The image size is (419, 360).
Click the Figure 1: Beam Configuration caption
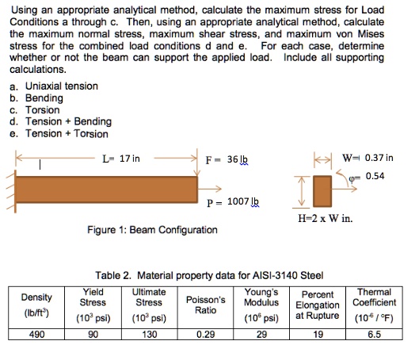[152, 230]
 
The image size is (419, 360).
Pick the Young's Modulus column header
[261, 297]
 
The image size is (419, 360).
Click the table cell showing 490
[36, 335]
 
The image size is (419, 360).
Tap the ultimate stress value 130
[149, 335]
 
